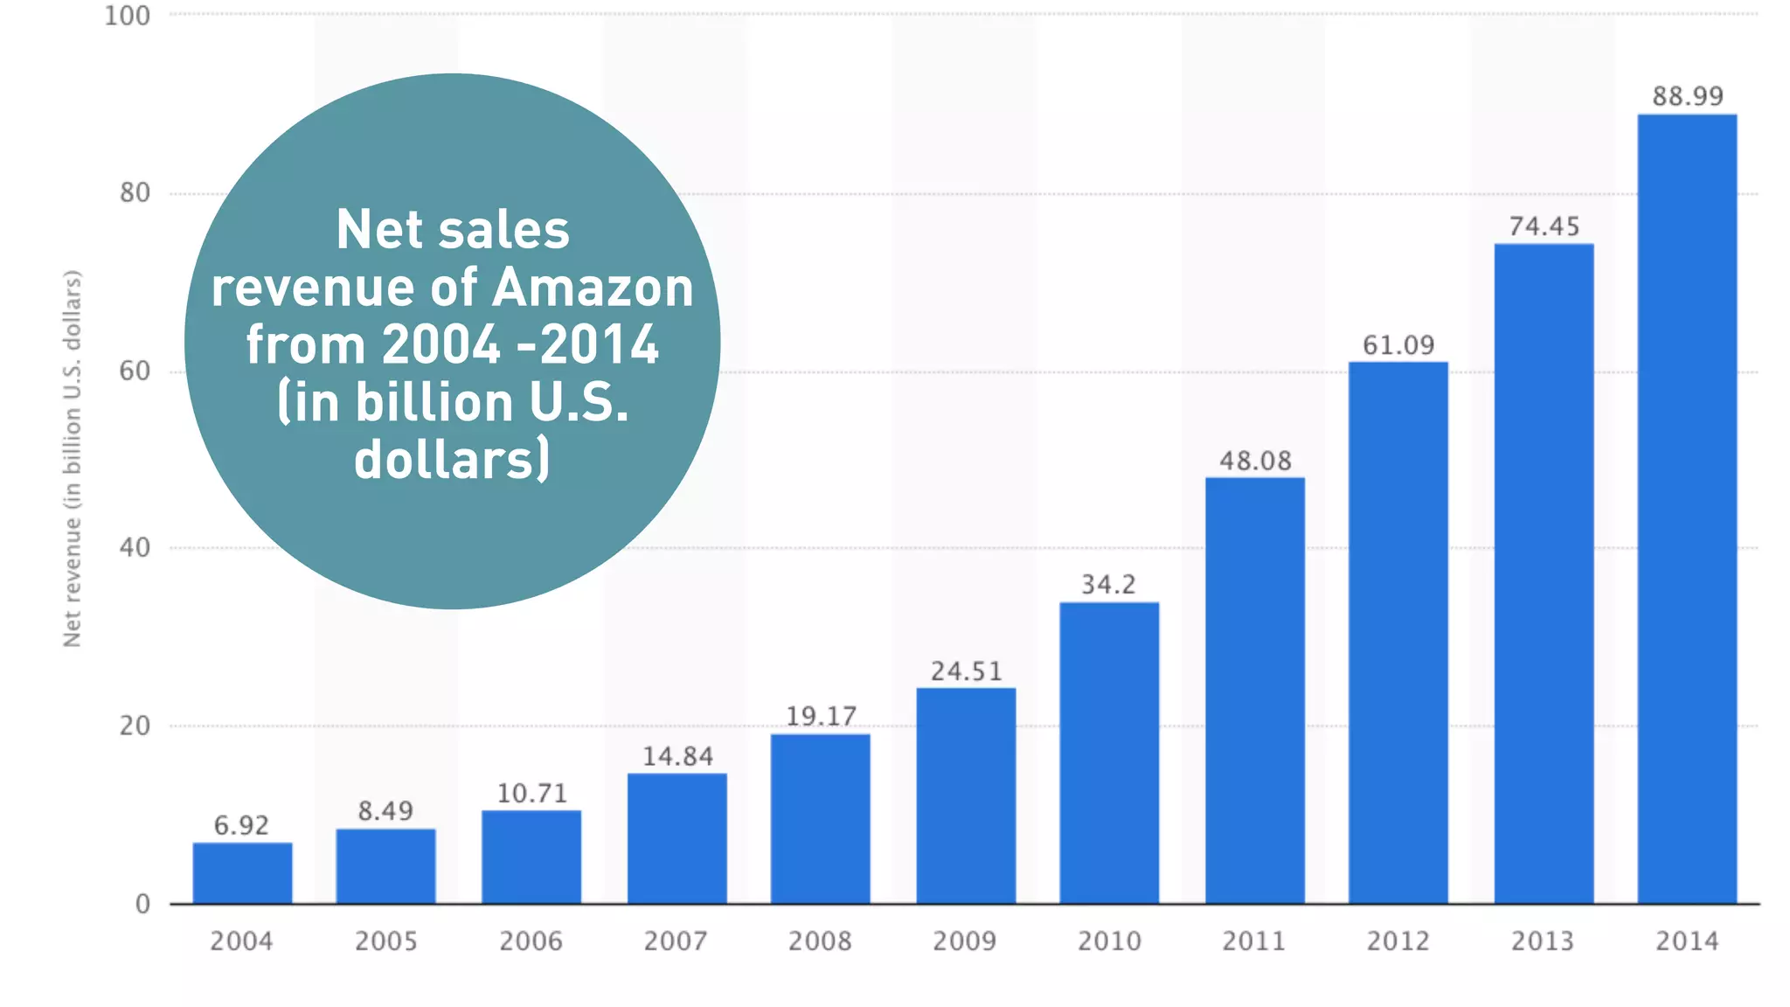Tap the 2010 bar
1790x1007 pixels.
tap(1109, 752)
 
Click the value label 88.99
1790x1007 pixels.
tap(1688, 96)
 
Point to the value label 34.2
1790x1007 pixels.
tap(1108, 584)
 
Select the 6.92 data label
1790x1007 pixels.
tap(241, 825)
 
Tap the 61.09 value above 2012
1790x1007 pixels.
tap(1398, 345)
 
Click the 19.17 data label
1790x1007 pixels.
tap(821, 716)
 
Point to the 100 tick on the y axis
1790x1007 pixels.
tap(128, 16)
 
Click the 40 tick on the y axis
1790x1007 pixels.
tap(135, 548)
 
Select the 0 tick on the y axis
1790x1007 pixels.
tap(142, 904)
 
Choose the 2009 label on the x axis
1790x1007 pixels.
tap(964, 941)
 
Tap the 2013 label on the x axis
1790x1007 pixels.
tap(1543, 941)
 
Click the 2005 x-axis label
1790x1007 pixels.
tap(385, 941)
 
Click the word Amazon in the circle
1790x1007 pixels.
tap(593, 288)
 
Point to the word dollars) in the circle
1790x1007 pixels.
tap(452, 460)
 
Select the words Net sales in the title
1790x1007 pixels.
tap(453, 230)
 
